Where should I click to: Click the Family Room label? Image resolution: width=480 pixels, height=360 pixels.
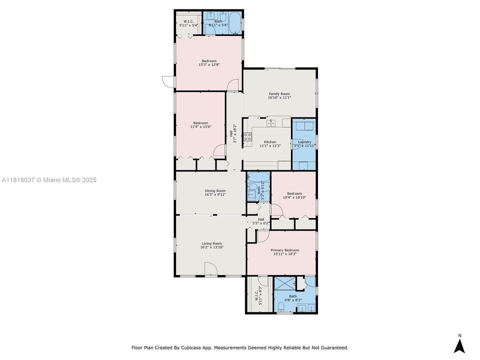point(279,94)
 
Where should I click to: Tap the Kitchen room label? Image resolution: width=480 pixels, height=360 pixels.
point(270,142)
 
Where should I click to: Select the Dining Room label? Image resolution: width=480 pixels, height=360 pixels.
point(215,190)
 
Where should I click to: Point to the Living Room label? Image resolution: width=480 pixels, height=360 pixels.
point(212,243)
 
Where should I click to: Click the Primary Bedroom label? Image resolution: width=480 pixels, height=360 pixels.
point(284,250)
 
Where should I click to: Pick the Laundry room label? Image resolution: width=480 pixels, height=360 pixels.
point(304,142)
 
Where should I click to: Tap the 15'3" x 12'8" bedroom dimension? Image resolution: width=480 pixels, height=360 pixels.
point(209,64)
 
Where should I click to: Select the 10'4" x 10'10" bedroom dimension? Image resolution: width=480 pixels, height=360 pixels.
point(294,197)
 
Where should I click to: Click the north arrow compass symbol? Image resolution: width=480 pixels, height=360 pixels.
point(459,346)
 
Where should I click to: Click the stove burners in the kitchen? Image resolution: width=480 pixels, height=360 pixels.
point(247,137)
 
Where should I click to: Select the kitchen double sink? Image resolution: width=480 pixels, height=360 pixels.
point(271,123)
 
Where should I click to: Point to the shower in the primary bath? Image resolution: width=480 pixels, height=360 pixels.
point(284,283)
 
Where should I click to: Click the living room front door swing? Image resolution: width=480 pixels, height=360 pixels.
point(211,269)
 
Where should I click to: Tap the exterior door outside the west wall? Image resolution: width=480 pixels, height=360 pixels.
point(168,81)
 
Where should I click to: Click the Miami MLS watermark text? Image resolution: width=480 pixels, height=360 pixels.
point(49,180)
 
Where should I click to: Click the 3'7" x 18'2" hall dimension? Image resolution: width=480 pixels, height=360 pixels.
point(233,133)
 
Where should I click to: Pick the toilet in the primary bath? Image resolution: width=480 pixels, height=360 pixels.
point(280,306)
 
